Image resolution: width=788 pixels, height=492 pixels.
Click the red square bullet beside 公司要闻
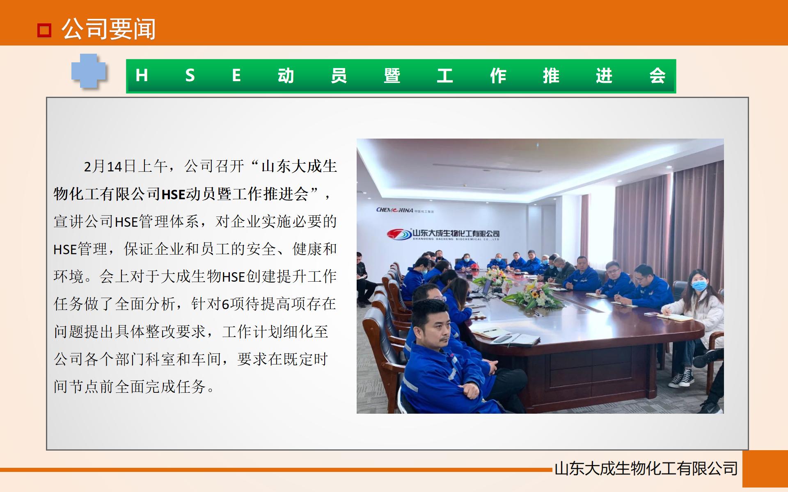click(x=44, y=30)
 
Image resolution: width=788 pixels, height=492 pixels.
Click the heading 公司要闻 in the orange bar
click(x=109, y=30)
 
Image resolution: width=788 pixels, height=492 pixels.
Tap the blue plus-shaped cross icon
click(x=89, y=71)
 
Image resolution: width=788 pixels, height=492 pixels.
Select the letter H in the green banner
click(x=142, y=76)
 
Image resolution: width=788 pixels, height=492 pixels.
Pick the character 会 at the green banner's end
click(x=657, y=76)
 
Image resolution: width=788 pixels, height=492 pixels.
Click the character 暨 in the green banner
click(x=392, y=76)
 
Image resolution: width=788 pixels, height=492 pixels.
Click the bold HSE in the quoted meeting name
click(x=174, y=194)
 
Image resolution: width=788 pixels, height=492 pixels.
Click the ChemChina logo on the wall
click(x=395, y=210)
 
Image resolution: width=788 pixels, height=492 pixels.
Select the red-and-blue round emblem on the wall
click(x=399, y=234)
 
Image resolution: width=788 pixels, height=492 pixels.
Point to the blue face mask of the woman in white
click(x=699, y=286)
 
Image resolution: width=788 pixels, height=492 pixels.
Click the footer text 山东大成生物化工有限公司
click(x=646, y=469)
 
